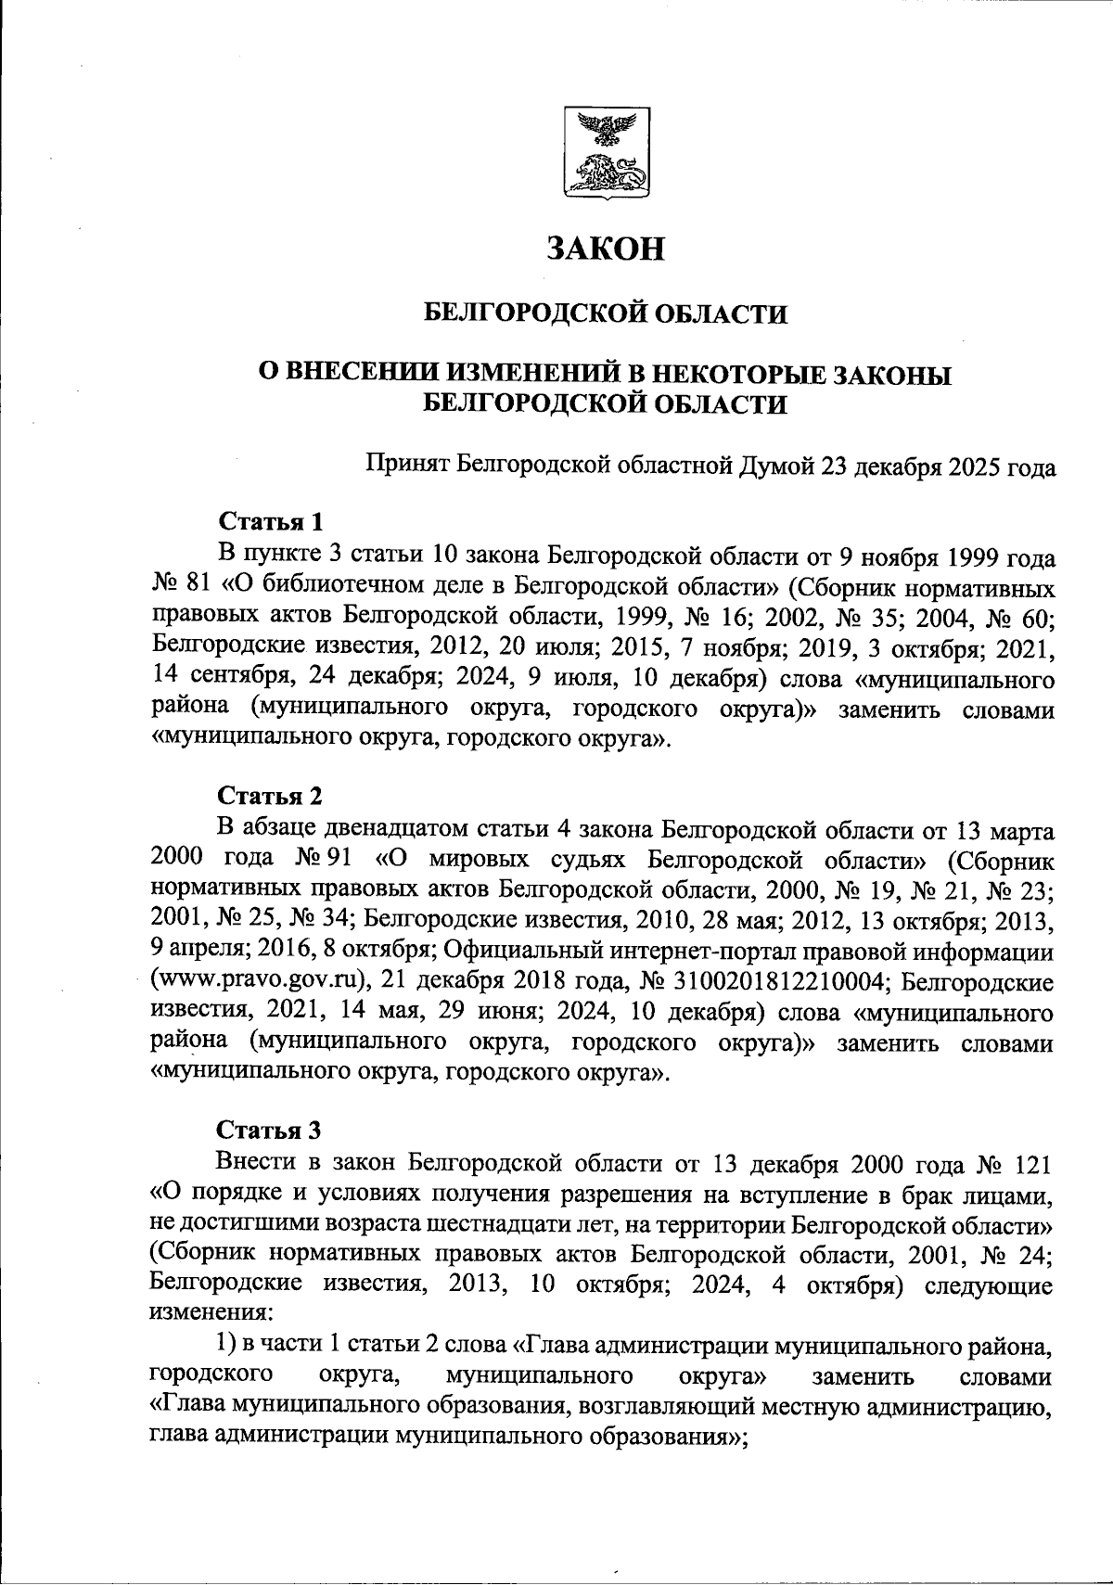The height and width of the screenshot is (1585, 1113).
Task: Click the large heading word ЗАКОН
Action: point(606,248)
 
